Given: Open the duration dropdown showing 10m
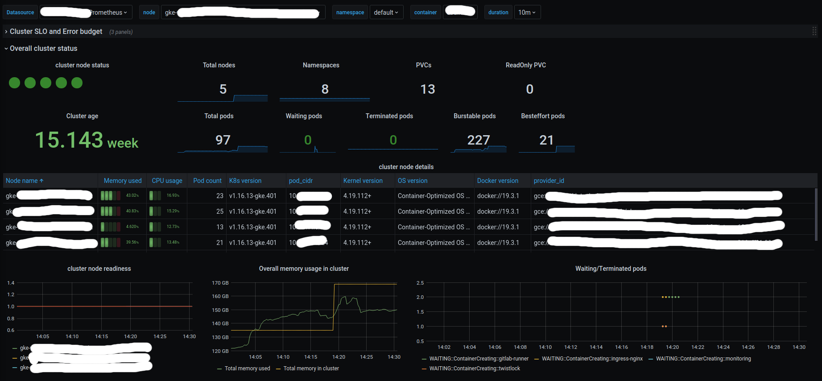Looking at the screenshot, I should tap(527, 12).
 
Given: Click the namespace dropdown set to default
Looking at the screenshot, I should tap(386, 12).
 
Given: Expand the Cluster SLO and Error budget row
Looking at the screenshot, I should tap(56, 32).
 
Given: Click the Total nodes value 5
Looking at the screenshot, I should tap(223, 89).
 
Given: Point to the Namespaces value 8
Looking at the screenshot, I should tap(325, 89).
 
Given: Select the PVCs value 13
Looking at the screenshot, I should tap(427, 89).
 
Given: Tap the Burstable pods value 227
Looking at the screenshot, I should tap(479, 140).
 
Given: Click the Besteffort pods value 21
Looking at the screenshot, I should tap(546, 140).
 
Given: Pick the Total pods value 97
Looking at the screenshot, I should tap(223, 140).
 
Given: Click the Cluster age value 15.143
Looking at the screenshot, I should tap(69, 140).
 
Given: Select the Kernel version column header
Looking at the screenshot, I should tap(363, 181).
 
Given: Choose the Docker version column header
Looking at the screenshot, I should tap(497, 181).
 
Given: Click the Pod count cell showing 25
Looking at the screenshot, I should tap(219, 211).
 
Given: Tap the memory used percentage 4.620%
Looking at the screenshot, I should tap(132, 227).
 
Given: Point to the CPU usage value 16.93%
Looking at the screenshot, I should tap(173, 195).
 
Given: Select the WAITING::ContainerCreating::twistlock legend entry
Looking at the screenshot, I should tap(475, 369).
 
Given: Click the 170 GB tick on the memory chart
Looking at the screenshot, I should tap(220, 283).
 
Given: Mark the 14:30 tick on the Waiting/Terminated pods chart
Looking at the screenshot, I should tap(799, 347).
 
